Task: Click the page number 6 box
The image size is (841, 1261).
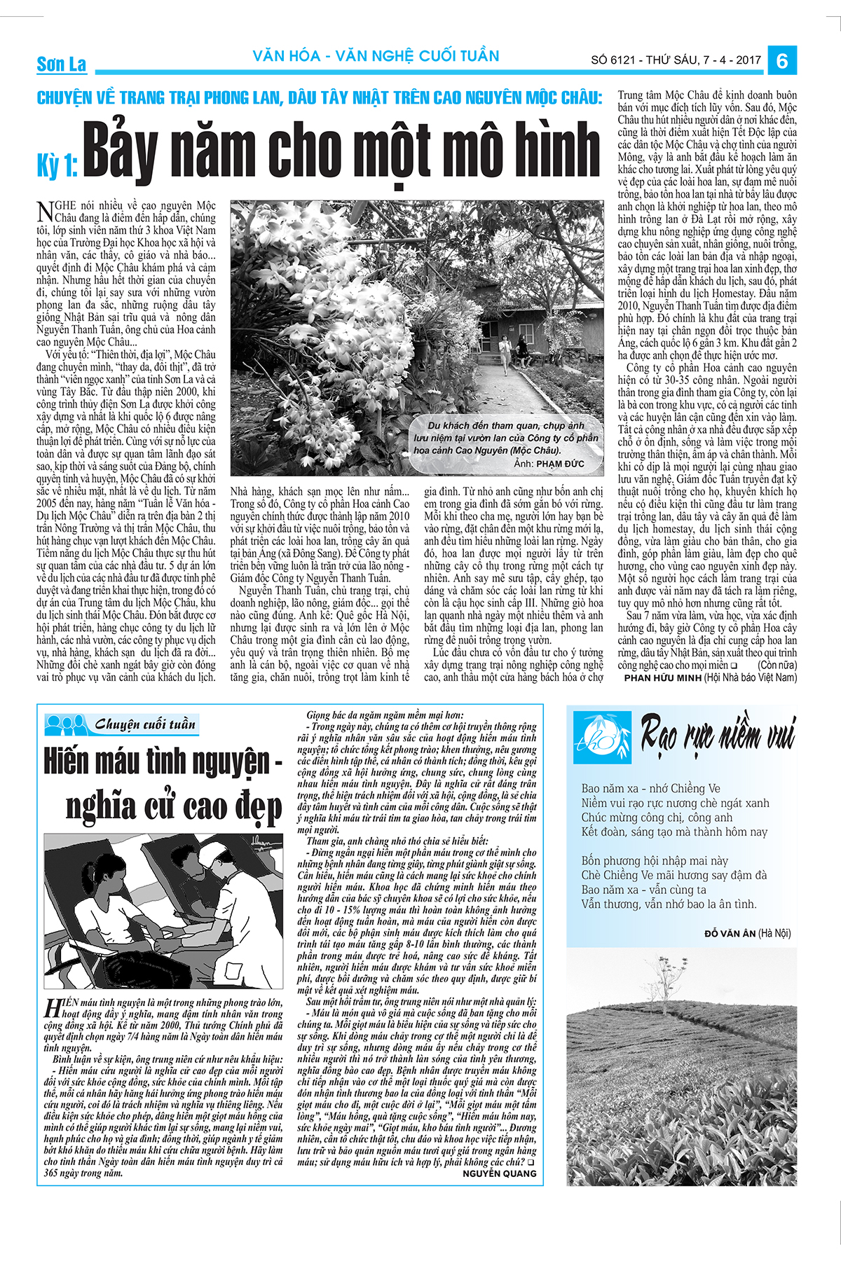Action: (782, 61)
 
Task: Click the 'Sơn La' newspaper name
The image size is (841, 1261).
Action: (61, 64)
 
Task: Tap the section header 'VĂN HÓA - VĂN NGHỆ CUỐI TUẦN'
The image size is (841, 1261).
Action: (376, 56)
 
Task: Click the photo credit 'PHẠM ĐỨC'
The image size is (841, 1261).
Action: (560, 464)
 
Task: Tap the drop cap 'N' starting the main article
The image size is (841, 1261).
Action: (44, 211)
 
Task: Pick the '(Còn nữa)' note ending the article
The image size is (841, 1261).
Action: (777, 665)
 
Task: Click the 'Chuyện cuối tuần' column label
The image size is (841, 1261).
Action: (144, 724)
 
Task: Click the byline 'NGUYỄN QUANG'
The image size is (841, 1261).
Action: (499, 1173)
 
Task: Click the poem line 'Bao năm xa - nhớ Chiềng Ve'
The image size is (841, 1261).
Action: (650, 788)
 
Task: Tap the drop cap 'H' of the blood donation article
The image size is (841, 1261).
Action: (52, 1009)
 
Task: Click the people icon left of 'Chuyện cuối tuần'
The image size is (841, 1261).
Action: (66, 724)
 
